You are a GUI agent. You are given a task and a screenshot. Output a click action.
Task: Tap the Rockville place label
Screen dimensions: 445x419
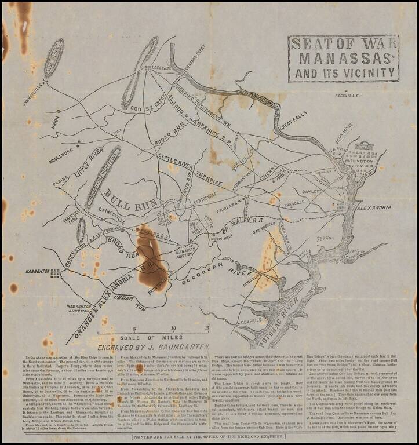[347, 94]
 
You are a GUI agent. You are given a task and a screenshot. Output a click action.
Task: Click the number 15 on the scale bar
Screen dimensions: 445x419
[207, 328]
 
